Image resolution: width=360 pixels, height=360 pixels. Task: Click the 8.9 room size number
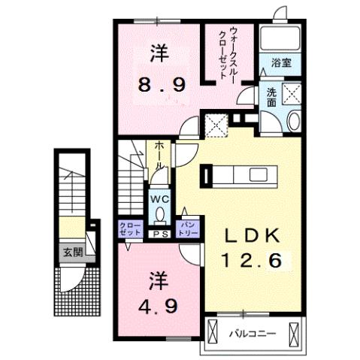(159, 84)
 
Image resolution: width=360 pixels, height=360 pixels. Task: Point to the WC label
(159, 199)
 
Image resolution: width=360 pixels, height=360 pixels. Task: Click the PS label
(159, 234)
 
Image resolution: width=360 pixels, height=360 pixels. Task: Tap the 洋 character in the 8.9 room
(158, 54)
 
